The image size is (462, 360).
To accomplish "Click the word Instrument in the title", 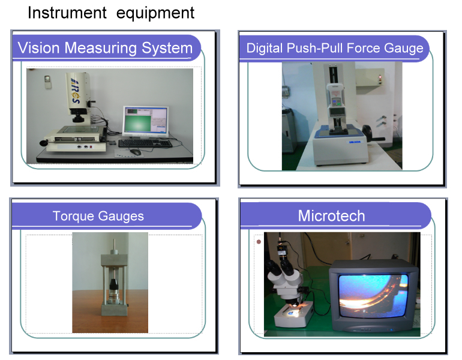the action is (x=67, y=13).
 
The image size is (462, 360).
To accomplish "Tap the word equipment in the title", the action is (x=155, y=14).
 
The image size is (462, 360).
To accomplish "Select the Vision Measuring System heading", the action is (x=105, y=48).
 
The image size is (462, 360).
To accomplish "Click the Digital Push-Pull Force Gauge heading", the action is (x=335, y=48).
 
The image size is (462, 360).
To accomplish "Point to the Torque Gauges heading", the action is (x=98, y=216).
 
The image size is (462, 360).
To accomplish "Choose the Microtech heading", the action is (x=331, y=215).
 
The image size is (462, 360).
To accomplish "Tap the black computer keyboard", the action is (x=145, y=143).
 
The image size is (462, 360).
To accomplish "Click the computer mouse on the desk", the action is (x=135, y=152).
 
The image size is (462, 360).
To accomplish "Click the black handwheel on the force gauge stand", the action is (x=367, y=134).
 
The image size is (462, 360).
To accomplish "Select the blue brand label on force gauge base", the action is (x=355, y=142).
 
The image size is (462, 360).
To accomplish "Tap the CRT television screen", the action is (x=374, y=295).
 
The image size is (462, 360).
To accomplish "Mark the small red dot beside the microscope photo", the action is (x=259, y=242).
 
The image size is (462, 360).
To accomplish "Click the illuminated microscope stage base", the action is (x=293, y=314).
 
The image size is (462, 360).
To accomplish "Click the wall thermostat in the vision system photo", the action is (x=48, y=82).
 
